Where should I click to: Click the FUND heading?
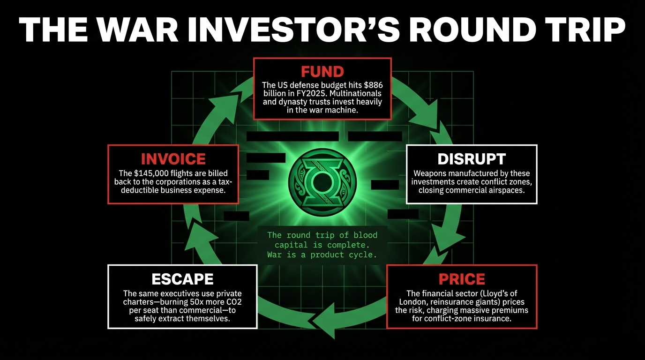pos(322,72)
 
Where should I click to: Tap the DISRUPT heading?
pos(472,159)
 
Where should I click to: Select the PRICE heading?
pos(462,279)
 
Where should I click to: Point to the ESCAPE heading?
pos(182,279)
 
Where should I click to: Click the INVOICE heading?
pos(173,159)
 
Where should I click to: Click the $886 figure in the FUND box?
pos(373,85)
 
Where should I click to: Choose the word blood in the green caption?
pos(365,235)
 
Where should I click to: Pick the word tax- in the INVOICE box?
pos(225,182)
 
